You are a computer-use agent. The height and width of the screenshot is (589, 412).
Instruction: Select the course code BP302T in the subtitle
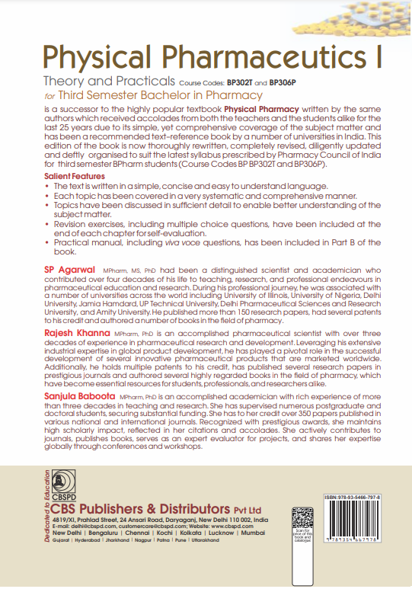[x=232, y=82]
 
